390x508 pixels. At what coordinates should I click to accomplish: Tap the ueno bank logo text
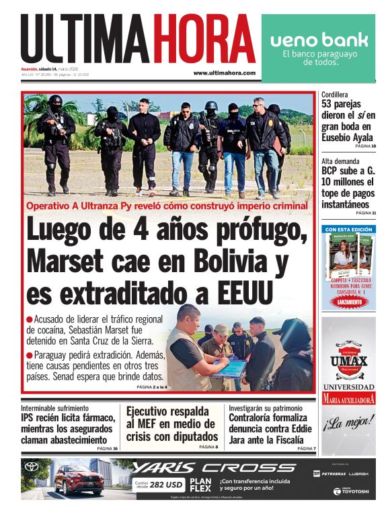coord(319,40)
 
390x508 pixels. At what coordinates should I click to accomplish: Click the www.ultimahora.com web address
coord(224,73)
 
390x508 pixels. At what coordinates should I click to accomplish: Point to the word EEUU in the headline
coord(237,293)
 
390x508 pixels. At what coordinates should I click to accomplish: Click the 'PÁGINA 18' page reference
coord(365,146)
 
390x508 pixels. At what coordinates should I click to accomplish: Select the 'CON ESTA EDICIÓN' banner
coord(348,229)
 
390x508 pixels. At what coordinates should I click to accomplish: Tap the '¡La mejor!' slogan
coord(348,424)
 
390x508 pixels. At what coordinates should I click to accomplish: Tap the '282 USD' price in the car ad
coord(166,484)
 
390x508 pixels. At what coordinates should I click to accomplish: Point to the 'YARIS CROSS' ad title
coord(214,468)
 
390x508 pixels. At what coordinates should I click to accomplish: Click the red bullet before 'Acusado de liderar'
coord(30,319)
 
